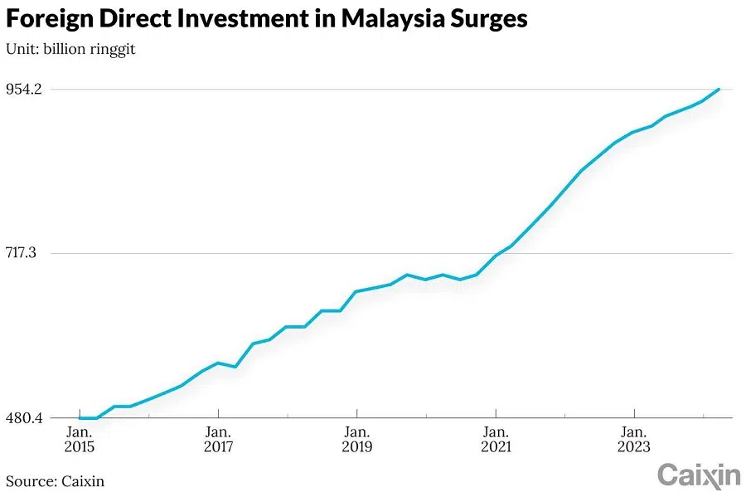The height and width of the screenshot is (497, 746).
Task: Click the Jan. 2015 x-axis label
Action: coord(80,439)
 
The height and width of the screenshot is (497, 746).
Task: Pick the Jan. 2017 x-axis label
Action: coord(218,439)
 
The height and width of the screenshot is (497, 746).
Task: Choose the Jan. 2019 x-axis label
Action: coord(356,439)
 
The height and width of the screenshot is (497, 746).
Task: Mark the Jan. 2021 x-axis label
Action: coord(496,439)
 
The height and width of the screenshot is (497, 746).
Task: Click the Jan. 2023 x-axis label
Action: coord(634,439)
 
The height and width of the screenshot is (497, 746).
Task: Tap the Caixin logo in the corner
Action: coord(698,475)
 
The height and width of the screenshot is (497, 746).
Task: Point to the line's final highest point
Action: coord(719,89)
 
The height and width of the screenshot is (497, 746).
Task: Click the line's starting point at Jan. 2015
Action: coord(80,418)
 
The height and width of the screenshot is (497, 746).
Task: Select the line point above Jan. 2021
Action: coord(496,255)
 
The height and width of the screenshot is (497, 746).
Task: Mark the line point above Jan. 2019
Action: coord(356,291)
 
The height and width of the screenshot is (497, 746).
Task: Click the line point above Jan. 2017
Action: coord(218,363)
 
